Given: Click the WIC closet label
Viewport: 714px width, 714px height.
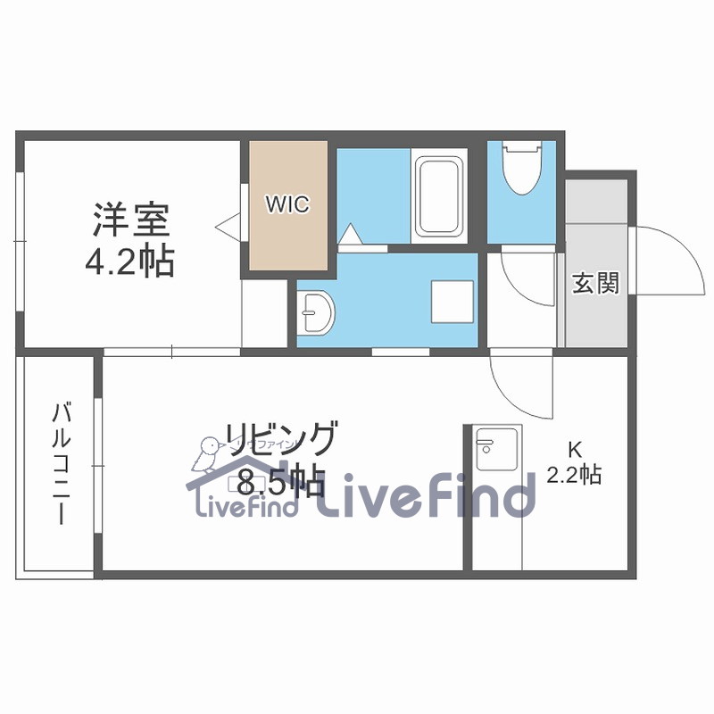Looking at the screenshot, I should (286, 204).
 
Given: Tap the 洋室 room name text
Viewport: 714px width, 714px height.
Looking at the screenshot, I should (131, 218).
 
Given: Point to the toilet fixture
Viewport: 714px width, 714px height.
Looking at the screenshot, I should (521, 169).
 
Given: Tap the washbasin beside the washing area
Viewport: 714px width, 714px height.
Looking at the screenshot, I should (317, 311).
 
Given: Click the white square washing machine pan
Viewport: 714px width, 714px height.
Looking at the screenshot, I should (452, 302).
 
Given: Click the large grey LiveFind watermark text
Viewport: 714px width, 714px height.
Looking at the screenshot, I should (428, 495).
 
